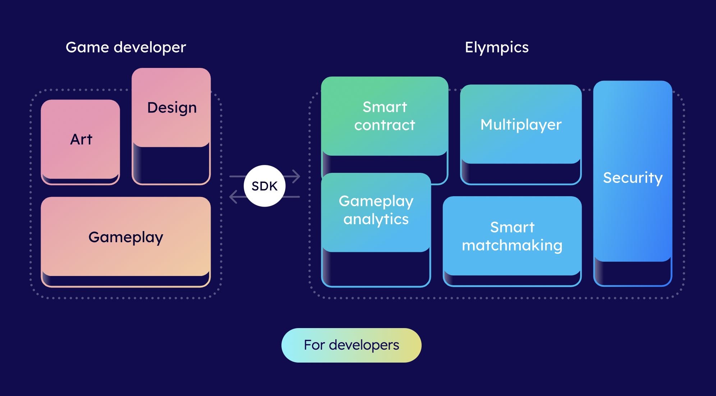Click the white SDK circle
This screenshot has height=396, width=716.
point(265,186)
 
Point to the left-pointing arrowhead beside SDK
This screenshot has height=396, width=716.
point(234,197)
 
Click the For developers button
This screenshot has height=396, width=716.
point(352,345)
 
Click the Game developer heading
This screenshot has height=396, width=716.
point(126,47)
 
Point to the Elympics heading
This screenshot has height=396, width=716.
point(497,47)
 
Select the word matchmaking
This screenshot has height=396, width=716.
point(512,245)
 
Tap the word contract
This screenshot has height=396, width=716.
point(385,125)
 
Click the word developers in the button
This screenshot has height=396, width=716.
point(364,345)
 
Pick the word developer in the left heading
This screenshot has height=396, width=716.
point(150,47)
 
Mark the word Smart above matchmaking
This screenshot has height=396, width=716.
point(513,227)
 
